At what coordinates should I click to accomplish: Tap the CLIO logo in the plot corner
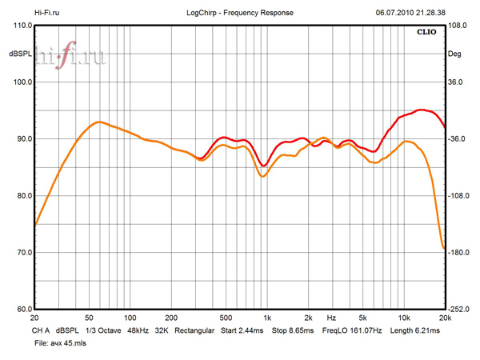click(x=427, y=34)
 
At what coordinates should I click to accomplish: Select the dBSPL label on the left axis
click(x=20, y=54)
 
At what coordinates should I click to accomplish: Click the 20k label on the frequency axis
click(x=445, y=318)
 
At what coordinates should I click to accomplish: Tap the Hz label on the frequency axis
click(x=330, y=318)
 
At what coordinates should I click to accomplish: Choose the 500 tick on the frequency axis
click(x=226, y=318)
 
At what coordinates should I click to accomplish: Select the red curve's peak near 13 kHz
click(x=422, y=110)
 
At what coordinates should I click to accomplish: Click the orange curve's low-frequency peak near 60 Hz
click(x=98, y=122)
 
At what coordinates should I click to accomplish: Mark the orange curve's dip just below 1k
click(x=262, y=176)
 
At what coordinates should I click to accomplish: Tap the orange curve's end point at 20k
click(x=444, y=248)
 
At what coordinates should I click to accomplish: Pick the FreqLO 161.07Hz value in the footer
click(x=352, y=330)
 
